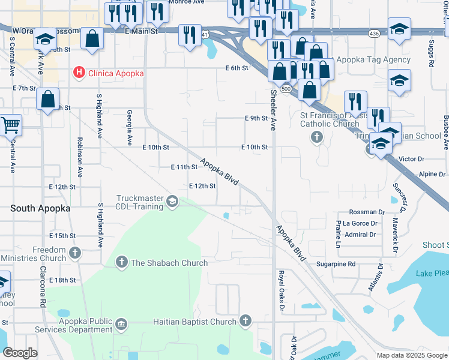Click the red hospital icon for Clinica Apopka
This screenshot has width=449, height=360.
click(78, 73)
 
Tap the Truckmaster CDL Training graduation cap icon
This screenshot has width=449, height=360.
click(173, 201)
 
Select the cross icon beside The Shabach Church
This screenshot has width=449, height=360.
click(121, 262)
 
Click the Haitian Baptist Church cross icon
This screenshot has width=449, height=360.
click(245, 321)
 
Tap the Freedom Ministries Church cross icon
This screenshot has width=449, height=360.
click(74, 253)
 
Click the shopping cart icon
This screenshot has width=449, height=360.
click(11, 125)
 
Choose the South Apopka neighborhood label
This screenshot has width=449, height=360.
click(40, 208)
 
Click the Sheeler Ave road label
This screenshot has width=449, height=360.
click(273, 110)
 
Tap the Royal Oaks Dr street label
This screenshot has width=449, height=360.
click(280, 292)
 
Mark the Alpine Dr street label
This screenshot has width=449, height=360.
click(432, 174)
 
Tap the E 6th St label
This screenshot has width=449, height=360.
click(237, 68)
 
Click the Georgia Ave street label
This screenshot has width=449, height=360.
click(129, 127)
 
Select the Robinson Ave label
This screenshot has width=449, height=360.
click(79, 157)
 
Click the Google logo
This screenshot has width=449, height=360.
click(20, 353)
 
